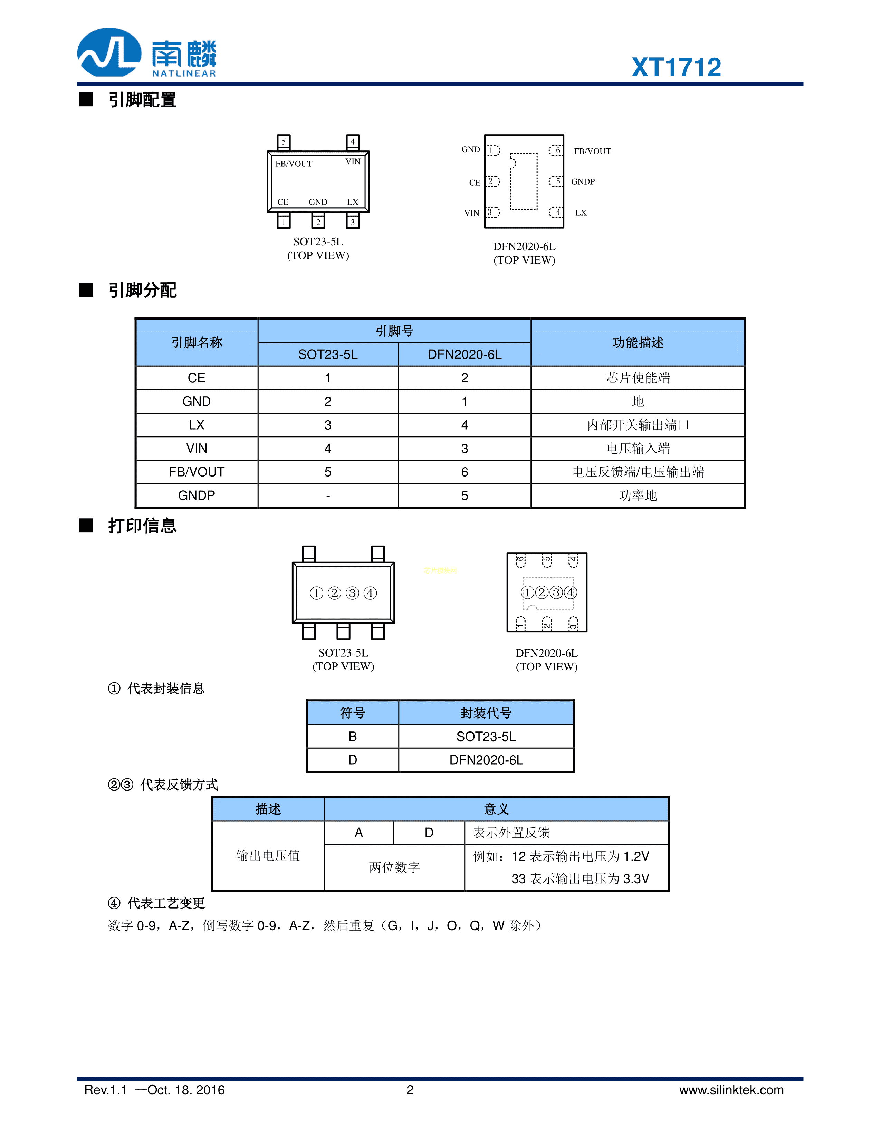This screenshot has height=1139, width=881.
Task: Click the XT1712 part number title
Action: (677, 67)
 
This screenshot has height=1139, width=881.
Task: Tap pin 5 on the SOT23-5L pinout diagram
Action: (284, 142)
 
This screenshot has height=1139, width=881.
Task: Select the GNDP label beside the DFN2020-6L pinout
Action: (583, 181)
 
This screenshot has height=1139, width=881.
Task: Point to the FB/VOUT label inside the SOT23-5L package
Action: (294, 164)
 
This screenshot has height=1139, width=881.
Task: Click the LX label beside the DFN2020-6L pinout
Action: (581, 213)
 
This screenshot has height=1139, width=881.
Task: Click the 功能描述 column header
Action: (638, 343)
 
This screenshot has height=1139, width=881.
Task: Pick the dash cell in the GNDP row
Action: (328, 496)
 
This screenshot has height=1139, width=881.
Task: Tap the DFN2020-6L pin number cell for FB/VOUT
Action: (465, 472)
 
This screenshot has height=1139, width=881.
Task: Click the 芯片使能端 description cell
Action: (638, 377)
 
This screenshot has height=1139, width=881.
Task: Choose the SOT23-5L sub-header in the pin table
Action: (328, 355)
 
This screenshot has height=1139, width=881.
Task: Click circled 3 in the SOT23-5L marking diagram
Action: (352, 593)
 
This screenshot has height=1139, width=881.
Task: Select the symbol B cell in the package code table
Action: (353, 736)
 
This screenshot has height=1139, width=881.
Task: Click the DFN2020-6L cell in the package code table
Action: (486, 760)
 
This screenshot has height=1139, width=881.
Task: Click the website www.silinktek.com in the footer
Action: (731, 1090)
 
